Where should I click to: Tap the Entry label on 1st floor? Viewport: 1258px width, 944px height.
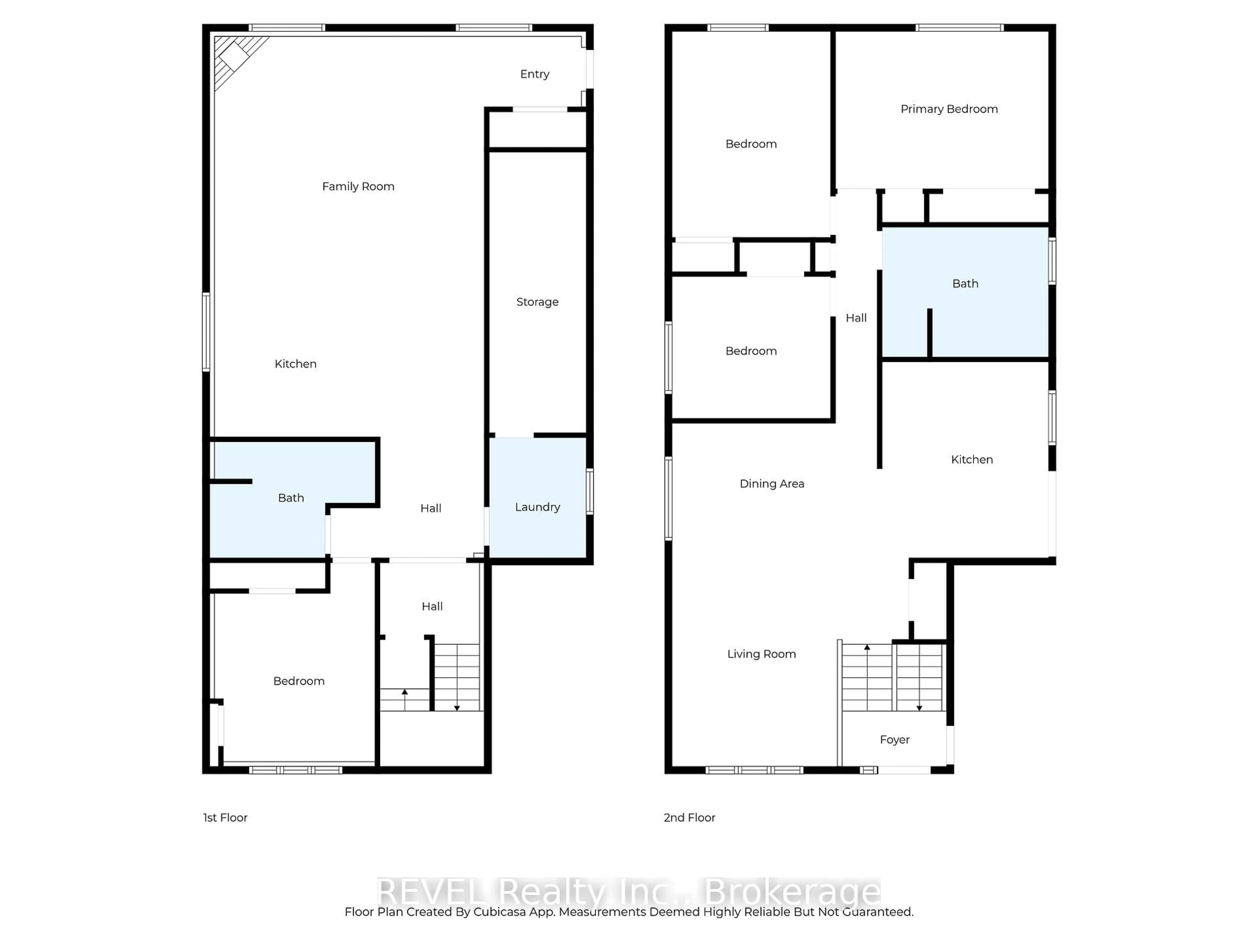[535, 74]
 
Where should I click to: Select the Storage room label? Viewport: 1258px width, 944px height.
[537, 302]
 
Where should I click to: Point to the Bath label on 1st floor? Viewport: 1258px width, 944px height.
[291, 498]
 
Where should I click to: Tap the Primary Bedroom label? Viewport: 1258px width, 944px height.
[949, 109]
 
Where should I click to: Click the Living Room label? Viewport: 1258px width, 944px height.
[761, 654]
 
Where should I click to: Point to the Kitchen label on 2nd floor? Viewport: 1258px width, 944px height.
[971, 460]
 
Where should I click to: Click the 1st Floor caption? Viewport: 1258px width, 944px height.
[225, 818]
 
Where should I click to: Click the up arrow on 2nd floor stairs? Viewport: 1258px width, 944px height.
[867, 648]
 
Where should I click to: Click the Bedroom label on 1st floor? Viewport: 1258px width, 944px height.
[298, 681]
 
